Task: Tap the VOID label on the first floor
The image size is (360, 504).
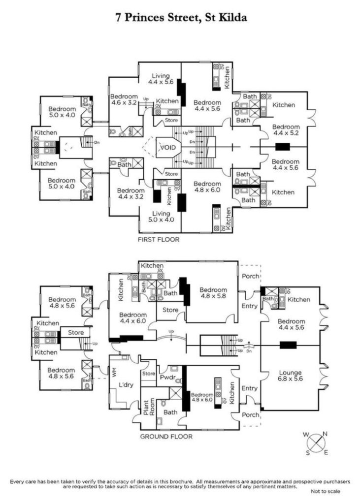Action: (164, 147)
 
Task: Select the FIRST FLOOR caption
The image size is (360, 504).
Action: (158, 240)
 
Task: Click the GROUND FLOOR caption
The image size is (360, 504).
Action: (166, 436)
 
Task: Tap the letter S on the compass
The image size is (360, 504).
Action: (308, 453)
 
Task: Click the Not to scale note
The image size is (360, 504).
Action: (325, 491)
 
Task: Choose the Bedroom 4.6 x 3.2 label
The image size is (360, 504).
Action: (124, 100)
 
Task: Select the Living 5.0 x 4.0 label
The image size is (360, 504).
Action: (161, 217)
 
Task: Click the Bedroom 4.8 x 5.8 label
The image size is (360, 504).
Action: (213, 293)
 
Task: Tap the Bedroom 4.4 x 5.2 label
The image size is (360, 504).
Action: (286, 129)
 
